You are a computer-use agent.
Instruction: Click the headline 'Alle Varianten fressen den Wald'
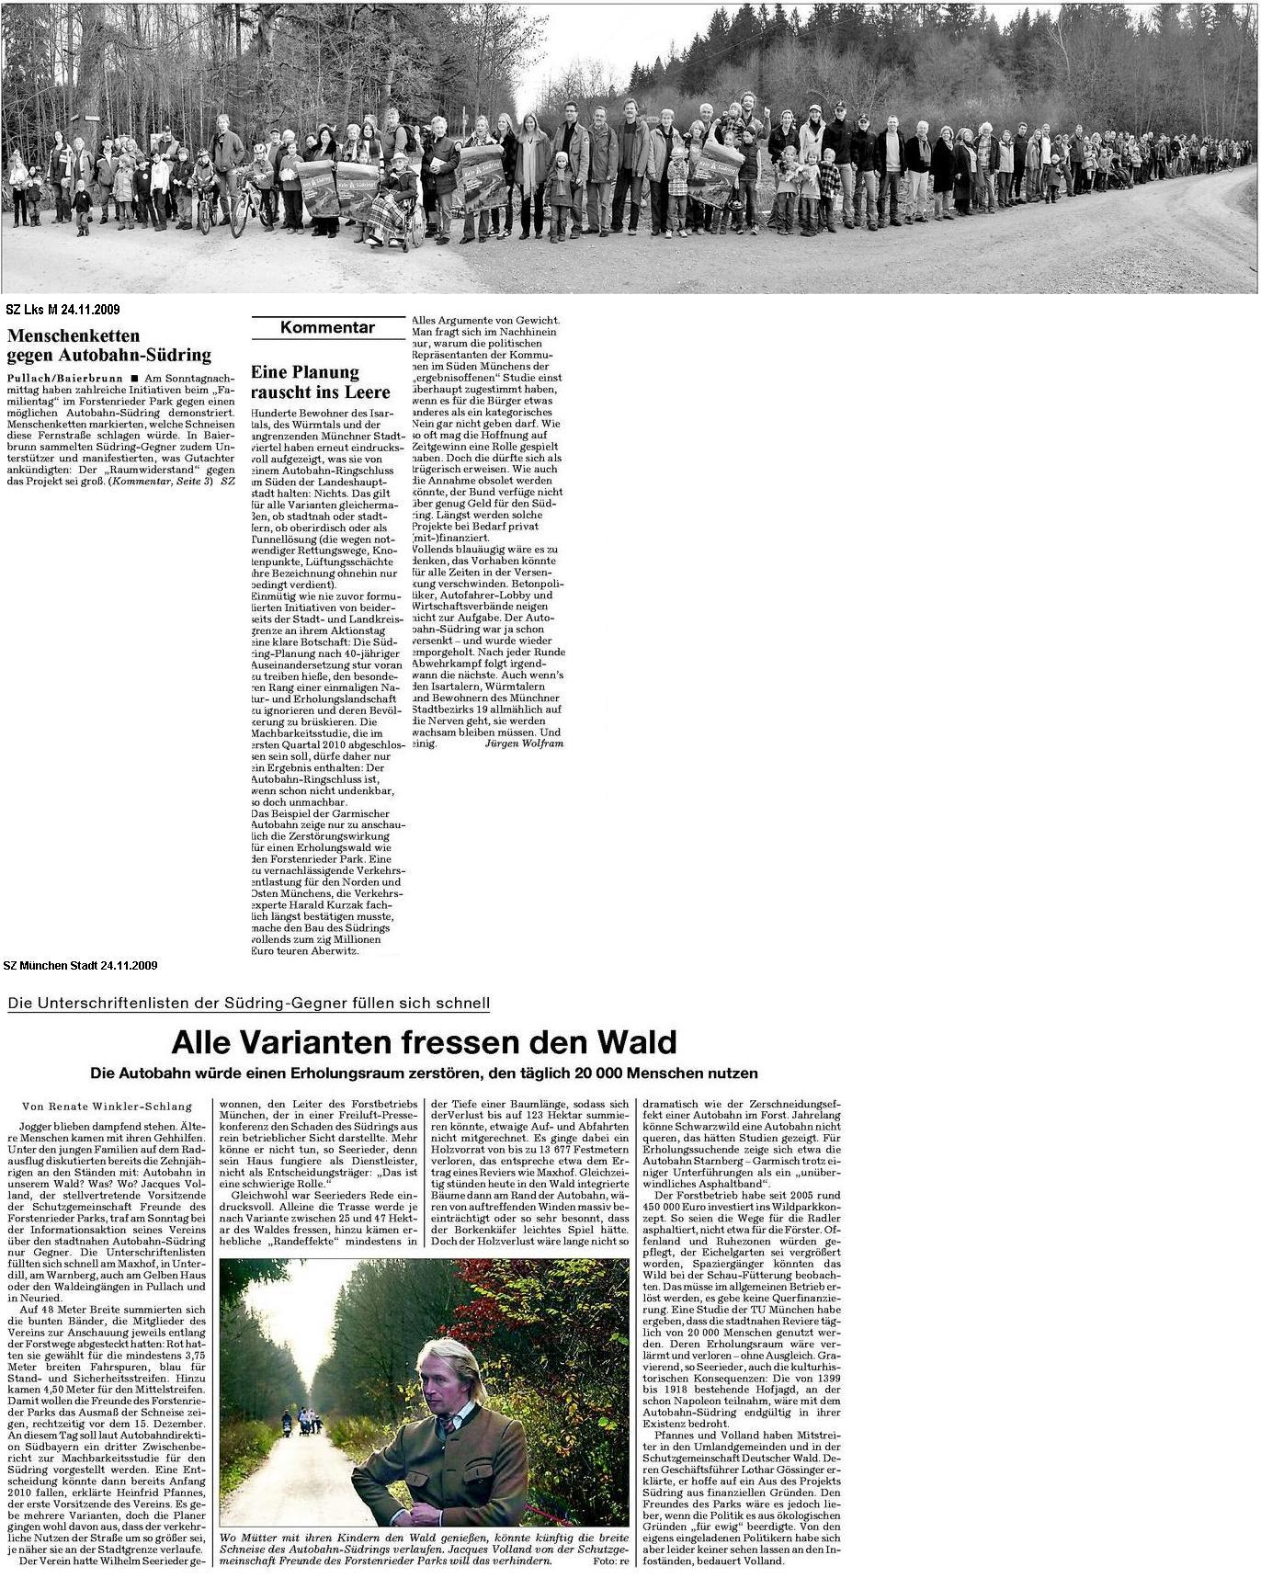point(424,1042)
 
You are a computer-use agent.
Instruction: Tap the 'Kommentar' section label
point(327,328)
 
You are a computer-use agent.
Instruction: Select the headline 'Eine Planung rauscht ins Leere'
point(321,382)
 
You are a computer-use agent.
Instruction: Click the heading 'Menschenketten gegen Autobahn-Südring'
point(108,346)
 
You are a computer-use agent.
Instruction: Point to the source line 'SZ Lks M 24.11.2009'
point(62,311)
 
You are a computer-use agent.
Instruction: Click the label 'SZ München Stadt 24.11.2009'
point(80,966)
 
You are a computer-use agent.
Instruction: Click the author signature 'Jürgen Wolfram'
point(523,743)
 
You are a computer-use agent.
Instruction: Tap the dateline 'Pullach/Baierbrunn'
point(62,378)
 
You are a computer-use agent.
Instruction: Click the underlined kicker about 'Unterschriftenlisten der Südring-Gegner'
point(248,1004)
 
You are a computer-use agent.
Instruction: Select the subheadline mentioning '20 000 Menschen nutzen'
point(424,1073)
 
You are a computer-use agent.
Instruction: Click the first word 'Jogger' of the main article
point(36,1126)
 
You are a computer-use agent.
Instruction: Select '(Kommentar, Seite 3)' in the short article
point(161,481)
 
